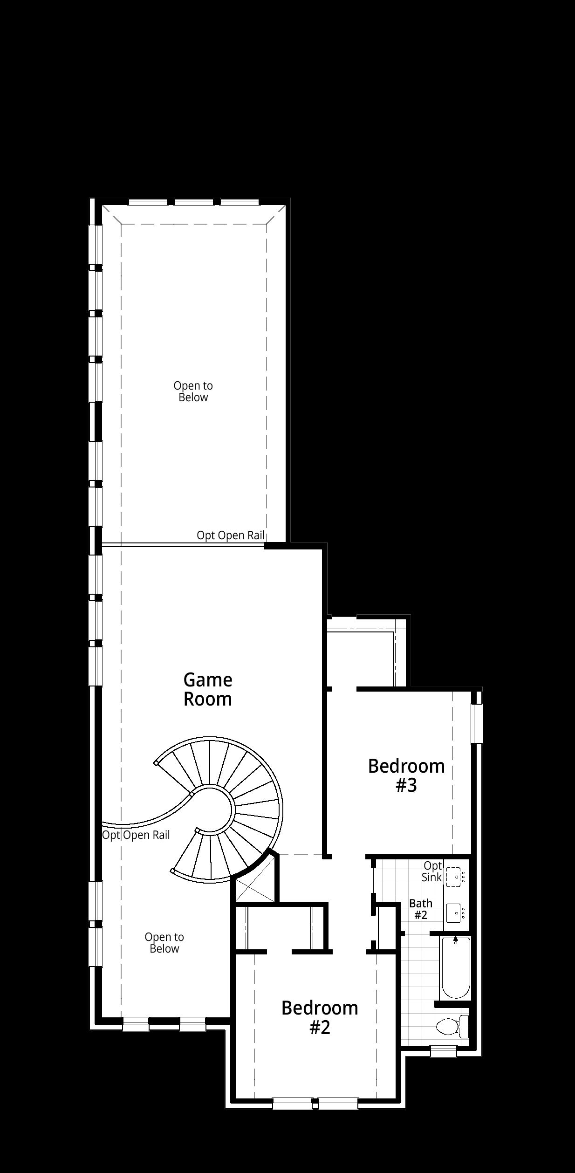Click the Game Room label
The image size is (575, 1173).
(x=208, y=689)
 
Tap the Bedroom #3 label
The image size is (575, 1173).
(x=406, y=775)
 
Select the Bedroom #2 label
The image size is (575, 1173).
(x=320, y=1017)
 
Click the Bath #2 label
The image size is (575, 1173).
(x=421, y=909)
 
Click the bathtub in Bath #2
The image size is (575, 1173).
(x=456, y=967)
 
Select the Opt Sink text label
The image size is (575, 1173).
(x=432, y=871)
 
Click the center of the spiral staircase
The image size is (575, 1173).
(x=214, y=809)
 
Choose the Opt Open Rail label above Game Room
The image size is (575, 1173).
(x=231, y=535)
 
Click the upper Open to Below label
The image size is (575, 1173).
(x=193, y=391)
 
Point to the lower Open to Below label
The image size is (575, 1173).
(x=164, y=943)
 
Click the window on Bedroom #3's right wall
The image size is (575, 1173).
(x=476, y=723)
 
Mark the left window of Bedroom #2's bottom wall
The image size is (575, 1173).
(x=292, y=1104)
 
